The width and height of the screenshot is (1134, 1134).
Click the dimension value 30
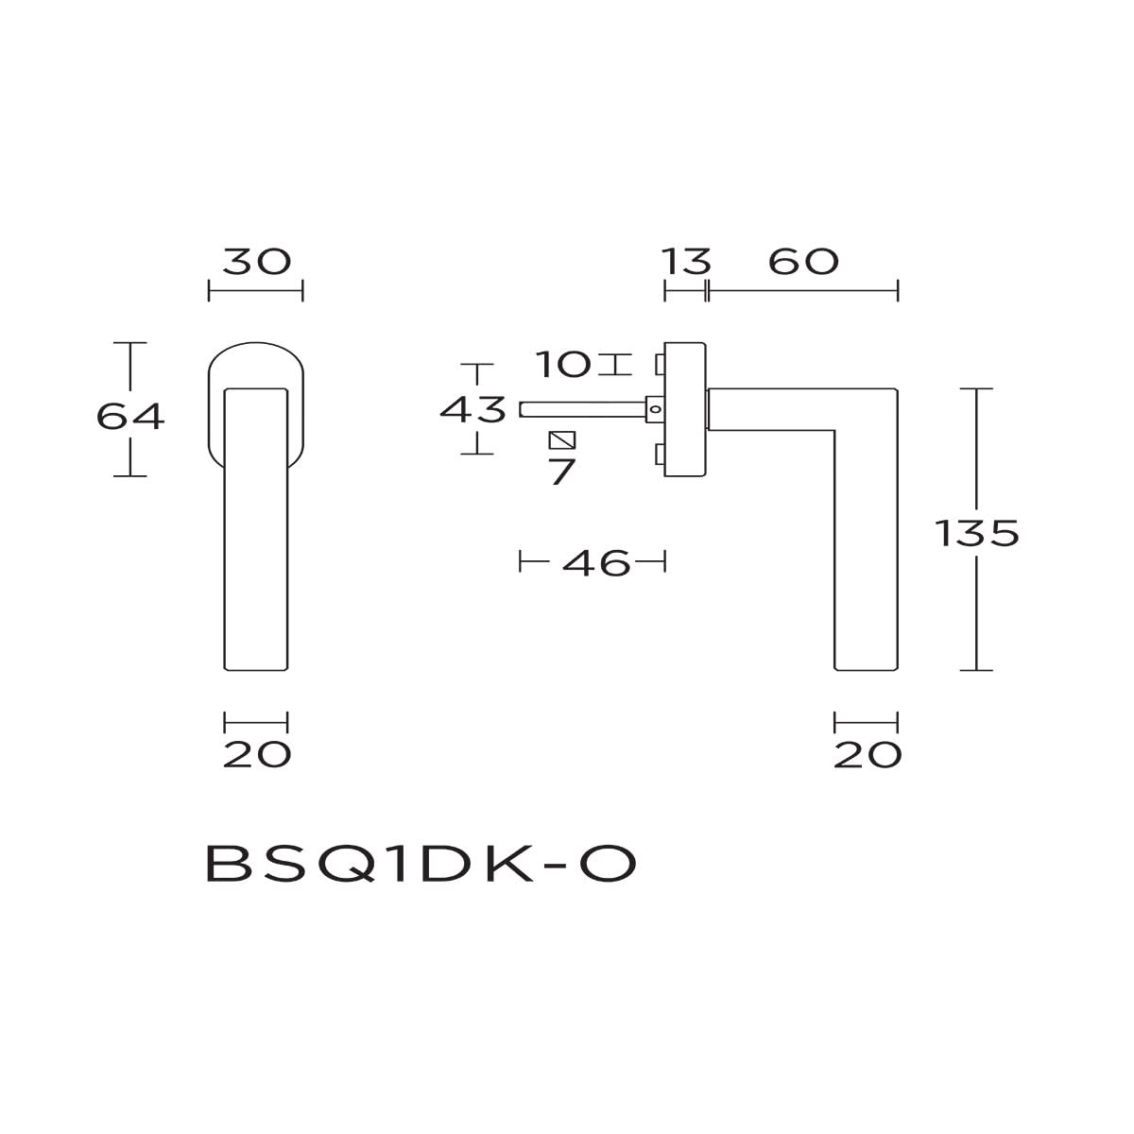(x=256, y=262)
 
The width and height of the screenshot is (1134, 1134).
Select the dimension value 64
(x=130, y=415)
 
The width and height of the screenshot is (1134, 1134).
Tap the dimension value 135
(x=977, y=534)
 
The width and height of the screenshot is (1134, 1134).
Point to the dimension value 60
(x=803, y=262)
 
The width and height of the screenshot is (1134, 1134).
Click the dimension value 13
(x=686, y=262)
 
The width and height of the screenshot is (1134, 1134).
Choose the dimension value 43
(x=474, y=410)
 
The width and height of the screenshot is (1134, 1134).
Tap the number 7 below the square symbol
(x=562, y=472)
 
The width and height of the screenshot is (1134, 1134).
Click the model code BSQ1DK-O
(x=421, y=864)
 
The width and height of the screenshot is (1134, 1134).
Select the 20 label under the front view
(x=256, y=754)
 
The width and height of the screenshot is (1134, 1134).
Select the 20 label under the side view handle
(x=868, y=754)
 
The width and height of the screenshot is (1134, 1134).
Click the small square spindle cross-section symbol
(x=562, y=440)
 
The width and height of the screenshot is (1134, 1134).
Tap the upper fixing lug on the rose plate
(x=660, y=363)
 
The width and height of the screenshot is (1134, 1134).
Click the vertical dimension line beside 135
(x=976, y=605)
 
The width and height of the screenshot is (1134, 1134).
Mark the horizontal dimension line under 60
(x=803, y=291)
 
